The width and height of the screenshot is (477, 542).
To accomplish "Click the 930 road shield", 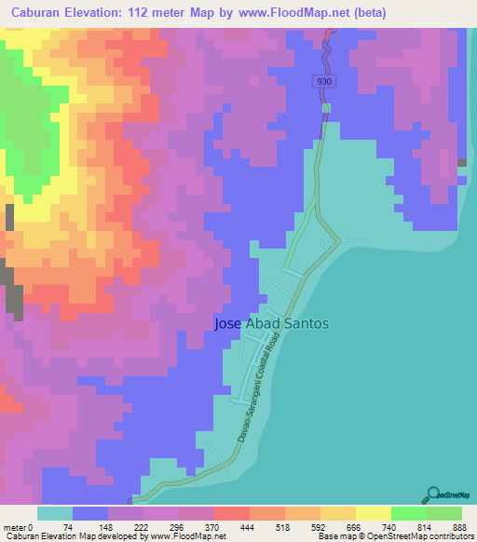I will tap(322, 82).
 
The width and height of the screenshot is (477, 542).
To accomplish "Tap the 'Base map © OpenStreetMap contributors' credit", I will tap(397, 536).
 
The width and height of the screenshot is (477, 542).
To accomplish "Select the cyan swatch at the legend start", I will tap(55, 513).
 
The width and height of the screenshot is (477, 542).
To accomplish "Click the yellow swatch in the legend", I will tap(374, 513).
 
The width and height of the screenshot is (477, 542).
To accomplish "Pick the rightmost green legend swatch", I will tap(444, 513).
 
